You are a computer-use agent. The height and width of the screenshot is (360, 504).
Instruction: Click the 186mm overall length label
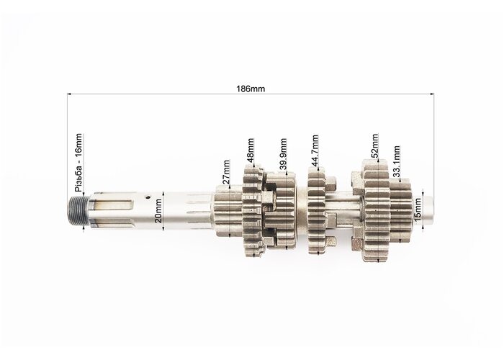(251, 89)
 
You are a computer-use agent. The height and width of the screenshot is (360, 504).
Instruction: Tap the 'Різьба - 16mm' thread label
(78, 163)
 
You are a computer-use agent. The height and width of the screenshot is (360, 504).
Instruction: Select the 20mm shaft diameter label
(158, 211)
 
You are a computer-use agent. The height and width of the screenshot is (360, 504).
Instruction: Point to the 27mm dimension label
(226, 171)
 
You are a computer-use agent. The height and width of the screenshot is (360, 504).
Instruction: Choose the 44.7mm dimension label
(315, 150)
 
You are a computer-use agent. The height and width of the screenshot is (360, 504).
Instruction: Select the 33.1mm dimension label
(397, 161)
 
